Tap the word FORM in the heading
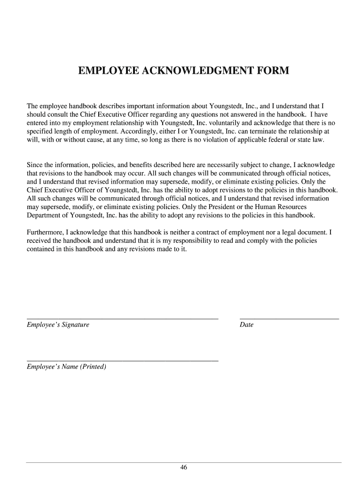tap(273, 71)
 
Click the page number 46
tap(183, 467)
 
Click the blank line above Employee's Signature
tap(122, 319)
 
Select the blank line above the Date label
tap(289, 319)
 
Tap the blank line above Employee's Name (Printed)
tap(122, 361)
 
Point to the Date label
tap(246, 325)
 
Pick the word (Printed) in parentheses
tap(93, 367)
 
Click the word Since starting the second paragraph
tap(34, 165)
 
